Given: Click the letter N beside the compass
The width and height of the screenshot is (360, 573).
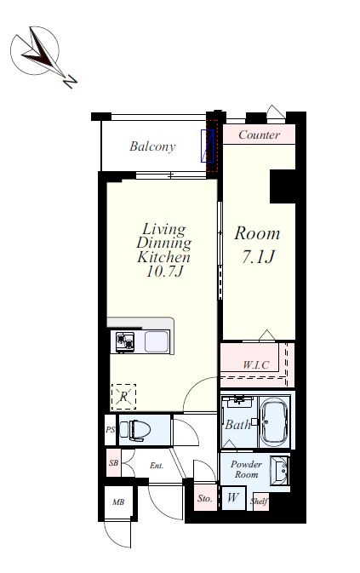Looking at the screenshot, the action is point(70,82).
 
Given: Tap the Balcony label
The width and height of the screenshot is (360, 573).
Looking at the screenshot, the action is point(152,146).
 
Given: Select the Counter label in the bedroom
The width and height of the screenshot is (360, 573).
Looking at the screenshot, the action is point(259,135).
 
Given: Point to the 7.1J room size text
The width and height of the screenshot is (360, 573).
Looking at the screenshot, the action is point(257,257).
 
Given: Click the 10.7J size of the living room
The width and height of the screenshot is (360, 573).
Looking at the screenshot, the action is point(164,271).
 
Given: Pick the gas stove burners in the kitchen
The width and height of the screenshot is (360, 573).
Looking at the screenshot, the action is point(125,342).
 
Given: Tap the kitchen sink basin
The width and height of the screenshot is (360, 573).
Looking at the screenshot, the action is point(157,342).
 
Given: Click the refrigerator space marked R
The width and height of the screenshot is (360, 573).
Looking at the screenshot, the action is point(123,397).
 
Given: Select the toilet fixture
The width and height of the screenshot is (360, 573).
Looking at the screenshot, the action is point(135,429).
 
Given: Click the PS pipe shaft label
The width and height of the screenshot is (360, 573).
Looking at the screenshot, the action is point(111,430).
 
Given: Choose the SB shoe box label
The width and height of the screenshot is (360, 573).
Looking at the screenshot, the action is point(113,463).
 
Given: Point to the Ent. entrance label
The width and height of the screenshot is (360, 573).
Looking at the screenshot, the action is point(157,466).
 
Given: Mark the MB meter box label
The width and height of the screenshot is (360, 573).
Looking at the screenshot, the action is point(118,502).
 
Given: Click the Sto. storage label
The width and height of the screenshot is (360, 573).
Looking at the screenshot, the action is point(205,498).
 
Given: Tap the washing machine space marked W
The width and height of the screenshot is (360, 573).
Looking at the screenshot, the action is point(233,497).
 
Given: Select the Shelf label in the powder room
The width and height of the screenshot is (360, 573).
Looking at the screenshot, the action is point(260,501).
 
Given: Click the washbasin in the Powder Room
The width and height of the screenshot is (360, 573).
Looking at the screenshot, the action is point(280,471).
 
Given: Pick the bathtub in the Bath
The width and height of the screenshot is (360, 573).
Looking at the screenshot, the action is point(274,421).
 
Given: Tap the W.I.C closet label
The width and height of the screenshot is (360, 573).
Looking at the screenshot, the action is point(256,364).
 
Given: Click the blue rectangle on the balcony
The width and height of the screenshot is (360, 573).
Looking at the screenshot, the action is point(207,146).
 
